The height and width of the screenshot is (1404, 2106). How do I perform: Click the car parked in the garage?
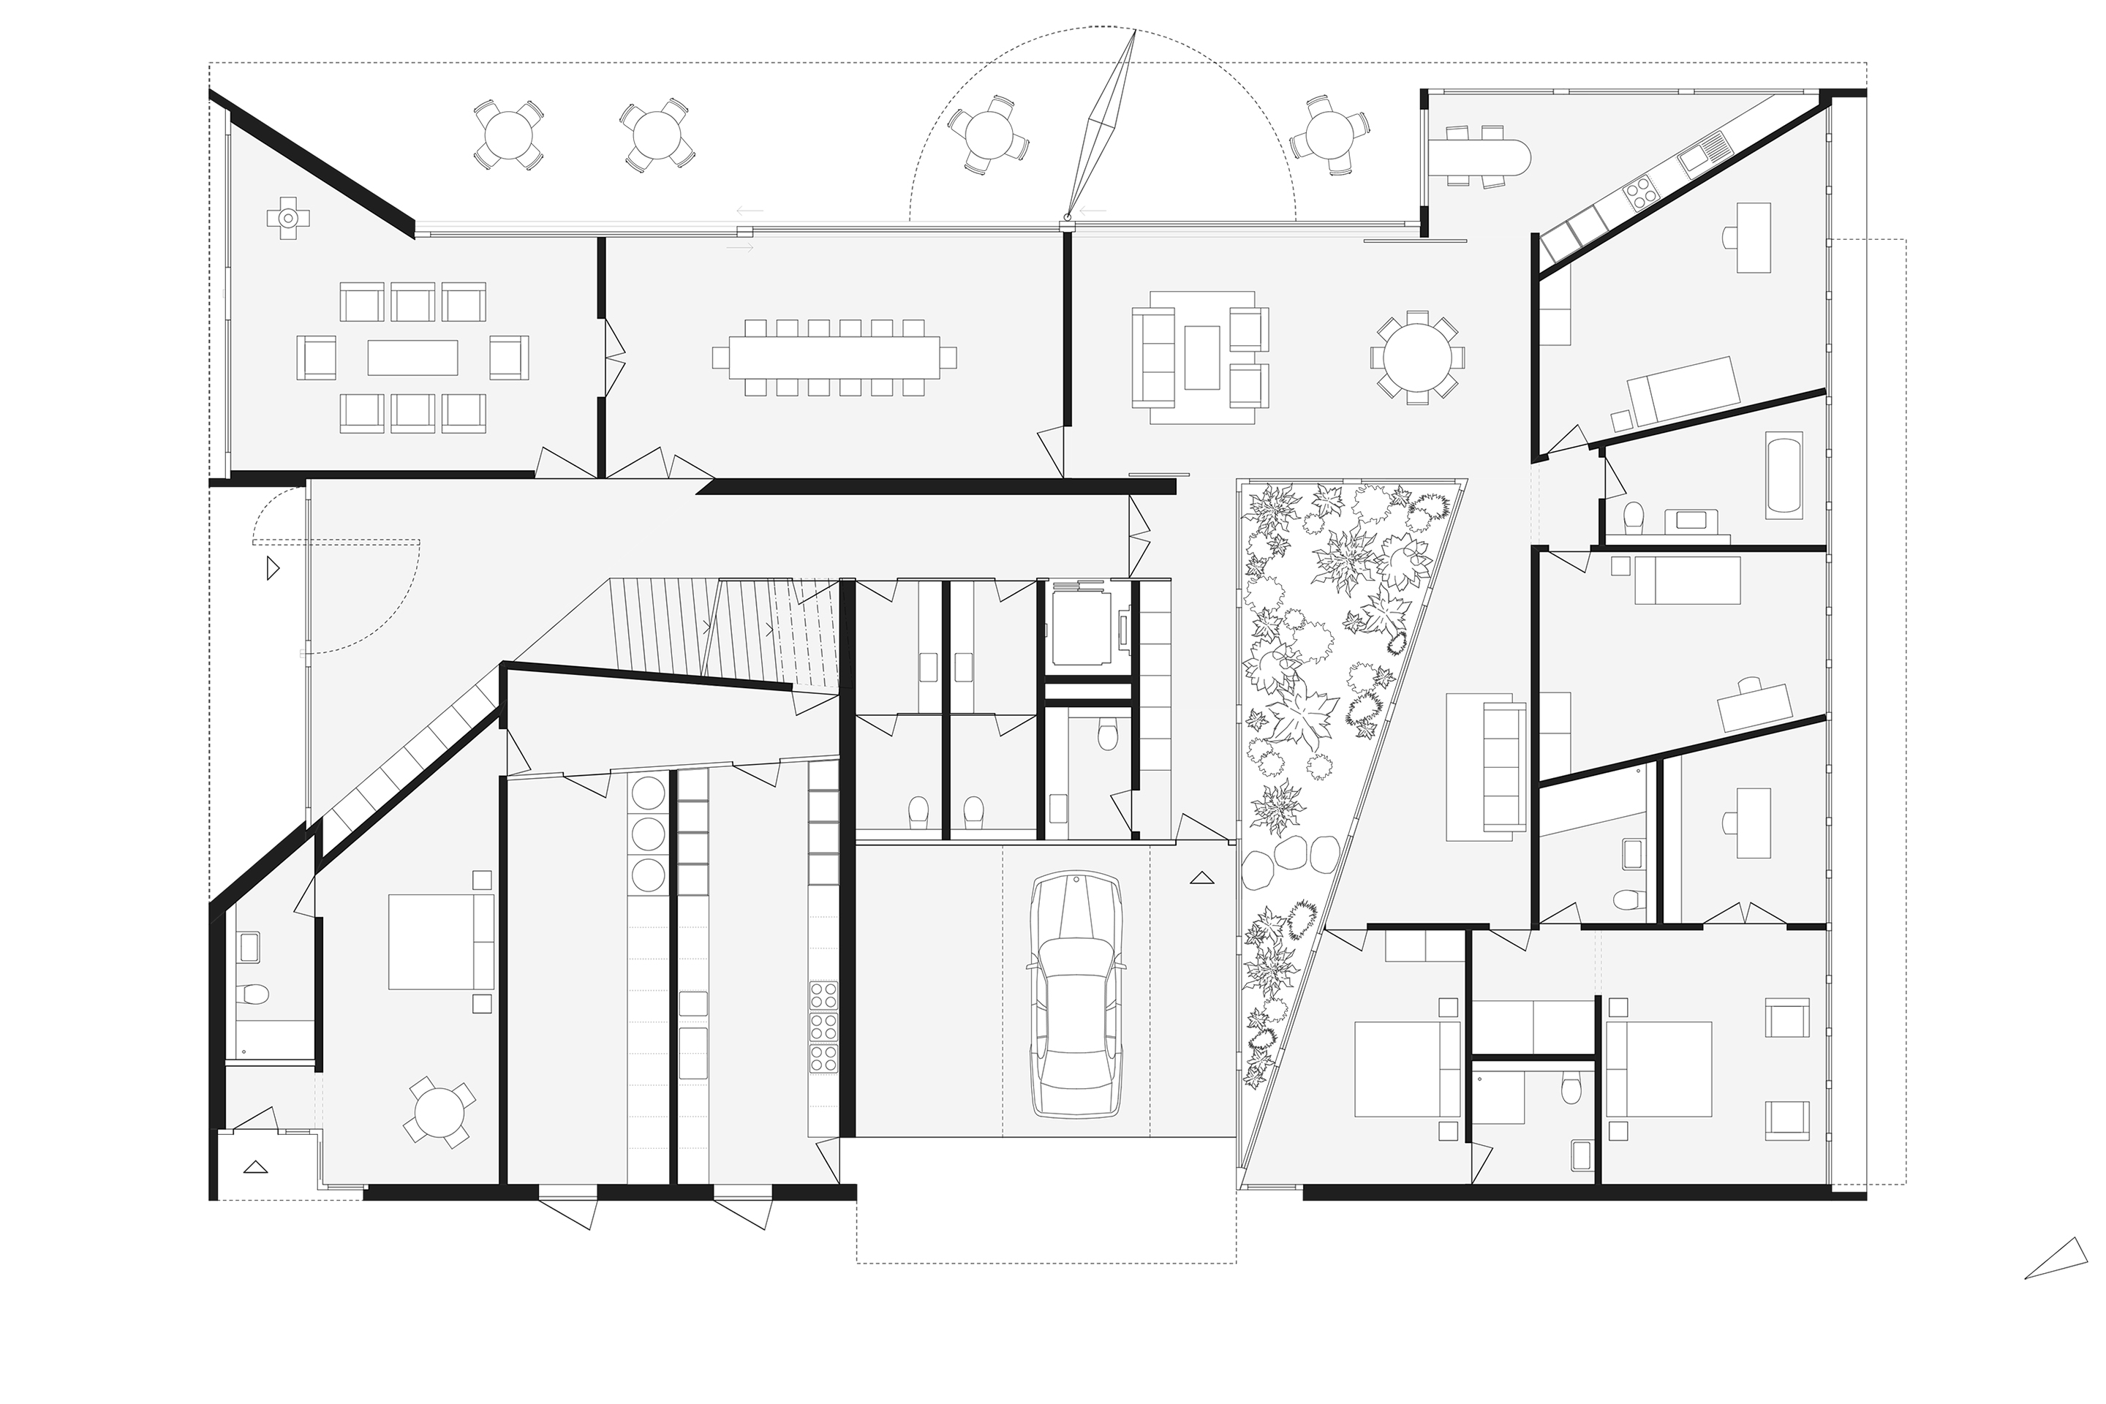tap(1076, 996)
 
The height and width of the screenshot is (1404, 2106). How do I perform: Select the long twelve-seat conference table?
tap(834, 358)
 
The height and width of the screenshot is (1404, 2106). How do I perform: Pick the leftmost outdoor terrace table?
tap(507, 135)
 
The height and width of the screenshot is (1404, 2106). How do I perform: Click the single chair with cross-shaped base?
tap(287, 218)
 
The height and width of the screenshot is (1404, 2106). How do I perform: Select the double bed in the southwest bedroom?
tap(440, 942)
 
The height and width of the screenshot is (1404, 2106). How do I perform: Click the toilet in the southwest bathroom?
tap(255, 996)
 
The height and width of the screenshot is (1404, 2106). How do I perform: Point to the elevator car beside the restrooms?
tap(1080, 627)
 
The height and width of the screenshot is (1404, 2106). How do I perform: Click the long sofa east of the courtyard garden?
tap(1504, 766)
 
